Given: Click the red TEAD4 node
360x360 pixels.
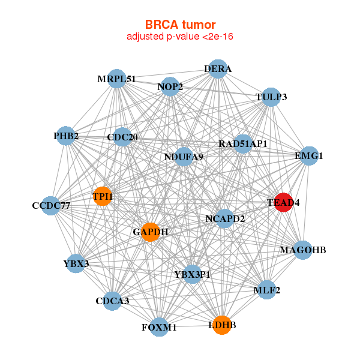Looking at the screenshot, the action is click(x=283, y=203).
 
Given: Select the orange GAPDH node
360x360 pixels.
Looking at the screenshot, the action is click(x=151, y=232).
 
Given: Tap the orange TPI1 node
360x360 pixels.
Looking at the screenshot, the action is click(x=103, y=196).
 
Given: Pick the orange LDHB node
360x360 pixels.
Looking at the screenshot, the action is click(x=222, y=325).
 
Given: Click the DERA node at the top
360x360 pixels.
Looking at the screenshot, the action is click(x=218, y=69).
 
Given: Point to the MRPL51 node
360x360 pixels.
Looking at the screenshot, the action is click(x=117, y=79).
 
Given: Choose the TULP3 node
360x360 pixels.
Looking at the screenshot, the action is click(x=271, y=97).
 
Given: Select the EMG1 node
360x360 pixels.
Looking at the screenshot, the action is click(x=308, y=156).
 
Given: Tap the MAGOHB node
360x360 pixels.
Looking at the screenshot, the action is click(x=303, y=250).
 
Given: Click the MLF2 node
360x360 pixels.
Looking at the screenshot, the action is click(x=266, y=290).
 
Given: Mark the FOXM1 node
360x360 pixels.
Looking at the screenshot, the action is click(x=159, y=327).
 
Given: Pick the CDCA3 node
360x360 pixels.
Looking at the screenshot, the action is click(x=112, y=301).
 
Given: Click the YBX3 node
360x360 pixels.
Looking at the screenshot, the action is click(x=76, y=263).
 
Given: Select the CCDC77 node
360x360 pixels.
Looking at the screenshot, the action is click(x=52, y=206).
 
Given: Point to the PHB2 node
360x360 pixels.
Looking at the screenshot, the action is click(x=66, y=136).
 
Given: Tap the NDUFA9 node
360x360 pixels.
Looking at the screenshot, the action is click(x=184, y=157).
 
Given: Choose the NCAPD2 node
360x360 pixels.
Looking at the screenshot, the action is click(x=225, y=218).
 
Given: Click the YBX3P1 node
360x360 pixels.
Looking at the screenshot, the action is click(x=192, y=274).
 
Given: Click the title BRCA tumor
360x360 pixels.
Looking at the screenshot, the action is click(x=180, y=25).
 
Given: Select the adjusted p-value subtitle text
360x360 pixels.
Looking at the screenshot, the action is click(x=180, y=37).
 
